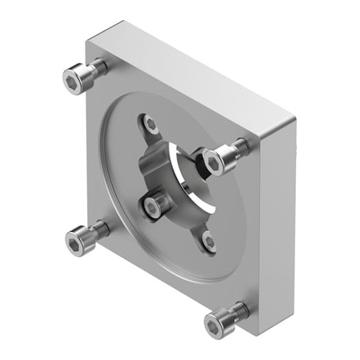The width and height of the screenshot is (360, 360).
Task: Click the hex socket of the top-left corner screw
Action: [x=74, y=80]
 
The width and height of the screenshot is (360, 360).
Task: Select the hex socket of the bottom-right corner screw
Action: [x=215, y=324]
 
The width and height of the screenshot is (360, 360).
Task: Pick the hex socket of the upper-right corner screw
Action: [x=214, y=163]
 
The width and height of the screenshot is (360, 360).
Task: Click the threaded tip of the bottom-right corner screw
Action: [x=241, y=308]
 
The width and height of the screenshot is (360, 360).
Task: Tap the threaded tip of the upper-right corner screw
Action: [x=242, y=146]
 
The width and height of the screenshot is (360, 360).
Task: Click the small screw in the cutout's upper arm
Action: [x=150, y=124]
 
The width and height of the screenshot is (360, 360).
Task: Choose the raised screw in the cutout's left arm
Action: [x=154, y=206]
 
